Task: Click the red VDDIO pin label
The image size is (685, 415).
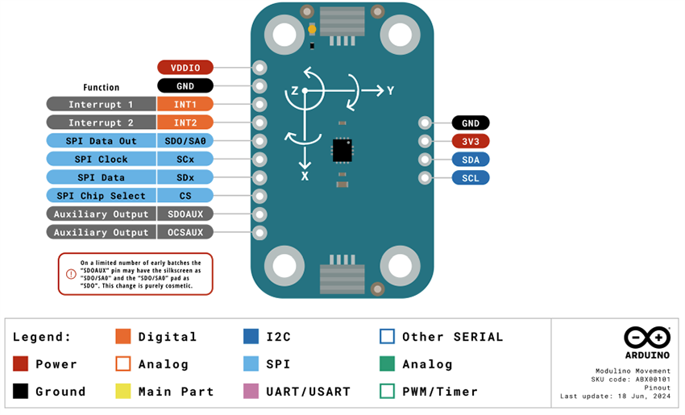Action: (185, 68)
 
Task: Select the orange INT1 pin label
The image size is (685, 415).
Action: (185, 104)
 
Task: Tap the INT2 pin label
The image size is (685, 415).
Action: (185, 122)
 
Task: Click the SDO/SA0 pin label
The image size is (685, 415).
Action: (185, 140)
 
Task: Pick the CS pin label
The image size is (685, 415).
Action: (185, 196)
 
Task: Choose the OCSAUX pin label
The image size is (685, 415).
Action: (185, 232)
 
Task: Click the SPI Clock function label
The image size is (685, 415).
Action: (101, 159)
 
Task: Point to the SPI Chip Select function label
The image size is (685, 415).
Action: (101, 196)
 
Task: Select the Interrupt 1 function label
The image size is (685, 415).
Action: (101, 104)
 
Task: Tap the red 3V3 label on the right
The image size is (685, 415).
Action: (470, 141)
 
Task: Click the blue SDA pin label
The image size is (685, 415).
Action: (470, 160)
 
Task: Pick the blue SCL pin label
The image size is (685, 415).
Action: (470, 177)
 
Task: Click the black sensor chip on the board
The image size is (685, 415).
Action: (342, 149)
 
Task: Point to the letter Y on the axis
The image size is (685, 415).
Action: (390, 91)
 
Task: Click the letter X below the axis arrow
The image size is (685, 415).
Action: (305, 175)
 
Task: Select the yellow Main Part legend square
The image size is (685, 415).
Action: (122, 392)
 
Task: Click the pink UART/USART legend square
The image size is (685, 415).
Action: (251, 392)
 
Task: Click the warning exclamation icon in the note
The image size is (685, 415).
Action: (71, 274)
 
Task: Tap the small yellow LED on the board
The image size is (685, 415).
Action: (312, 30)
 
